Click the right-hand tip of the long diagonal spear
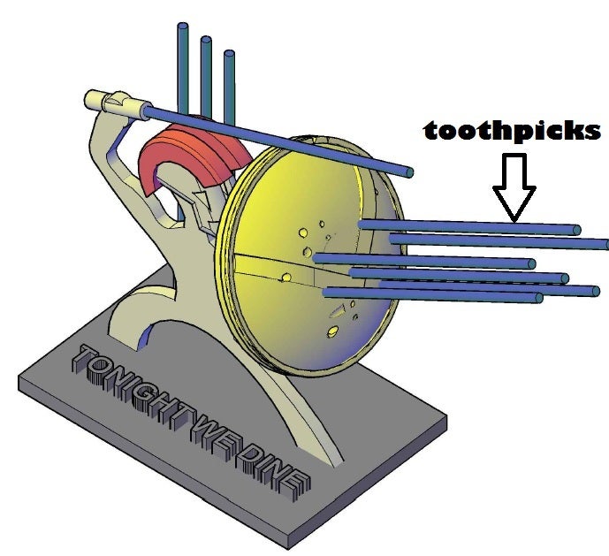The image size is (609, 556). click(409, 171)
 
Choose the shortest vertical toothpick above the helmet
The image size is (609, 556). click(229, 84)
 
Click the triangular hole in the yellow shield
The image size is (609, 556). click(337, 310)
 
